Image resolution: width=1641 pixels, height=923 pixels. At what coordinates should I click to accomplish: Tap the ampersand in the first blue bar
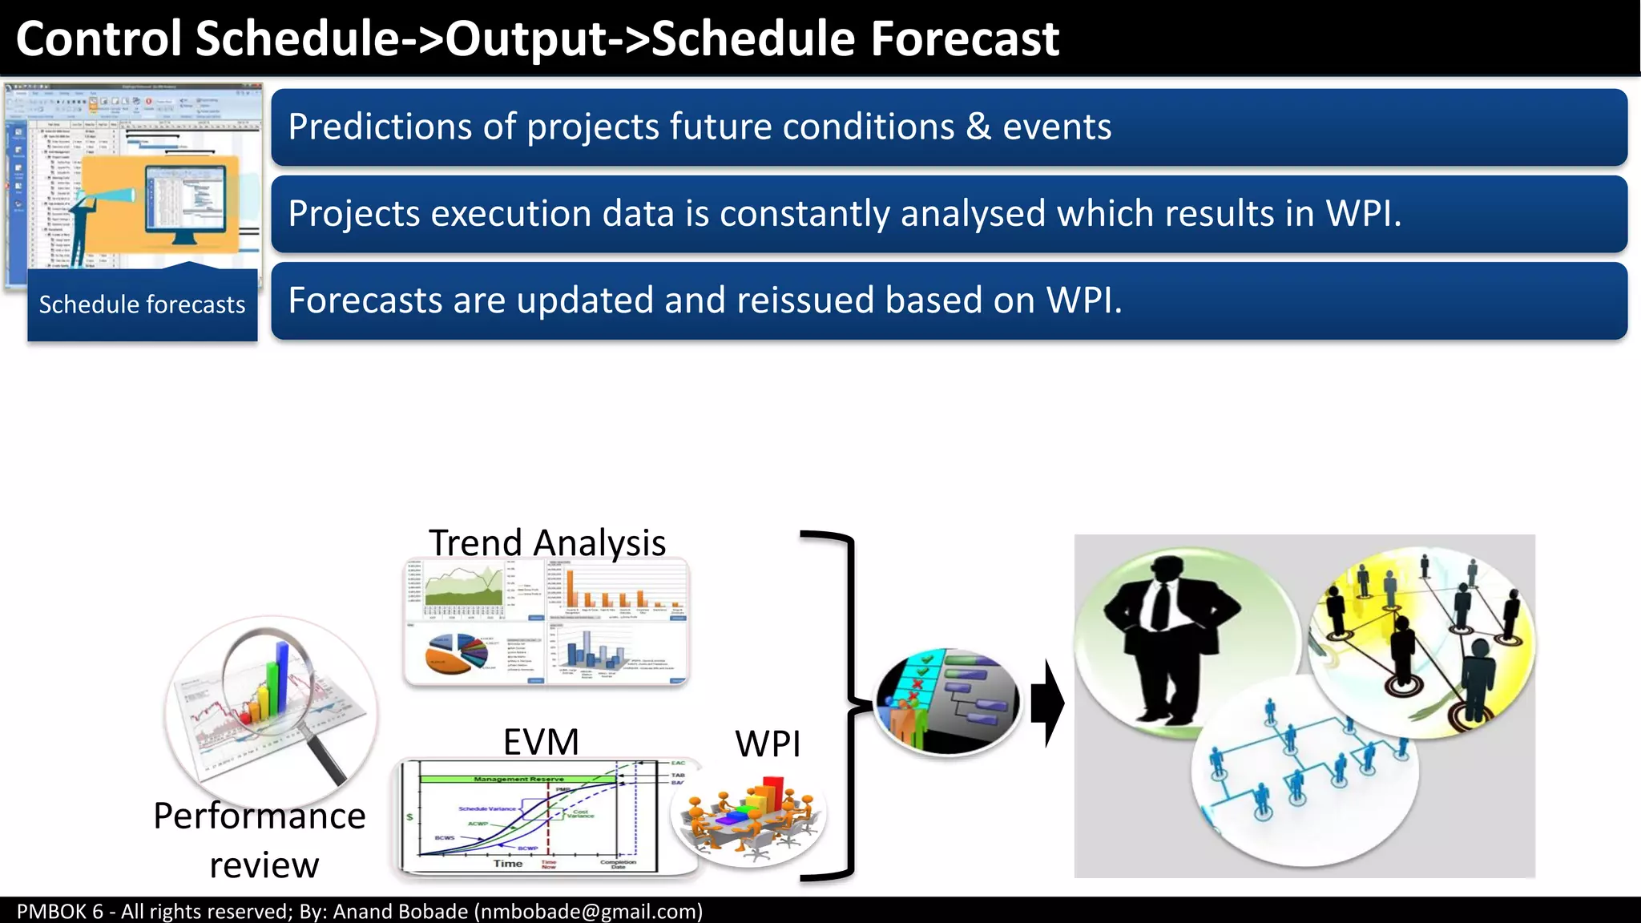[978, 127]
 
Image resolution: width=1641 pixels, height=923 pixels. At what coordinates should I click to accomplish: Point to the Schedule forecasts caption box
[142, 305]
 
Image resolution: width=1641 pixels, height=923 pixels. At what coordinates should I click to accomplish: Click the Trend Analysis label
[546, 542]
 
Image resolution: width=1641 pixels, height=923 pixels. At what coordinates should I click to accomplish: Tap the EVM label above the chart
[541, 742]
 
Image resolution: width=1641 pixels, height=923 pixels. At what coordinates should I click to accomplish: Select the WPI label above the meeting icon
[767, 744]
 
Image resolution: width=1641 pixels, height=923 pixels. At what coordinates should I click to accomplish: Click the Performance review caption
[260, 840]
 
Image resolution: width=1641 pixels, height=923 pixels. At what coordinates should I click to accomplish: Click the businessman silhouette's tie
[1159, 605]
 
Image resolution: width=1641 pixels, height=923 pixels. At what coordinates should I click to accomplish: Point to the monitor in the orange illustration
[185, 205]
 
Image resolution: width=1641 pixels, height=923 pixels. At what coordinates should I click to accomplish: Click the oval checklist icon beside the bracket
[947, 702]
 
